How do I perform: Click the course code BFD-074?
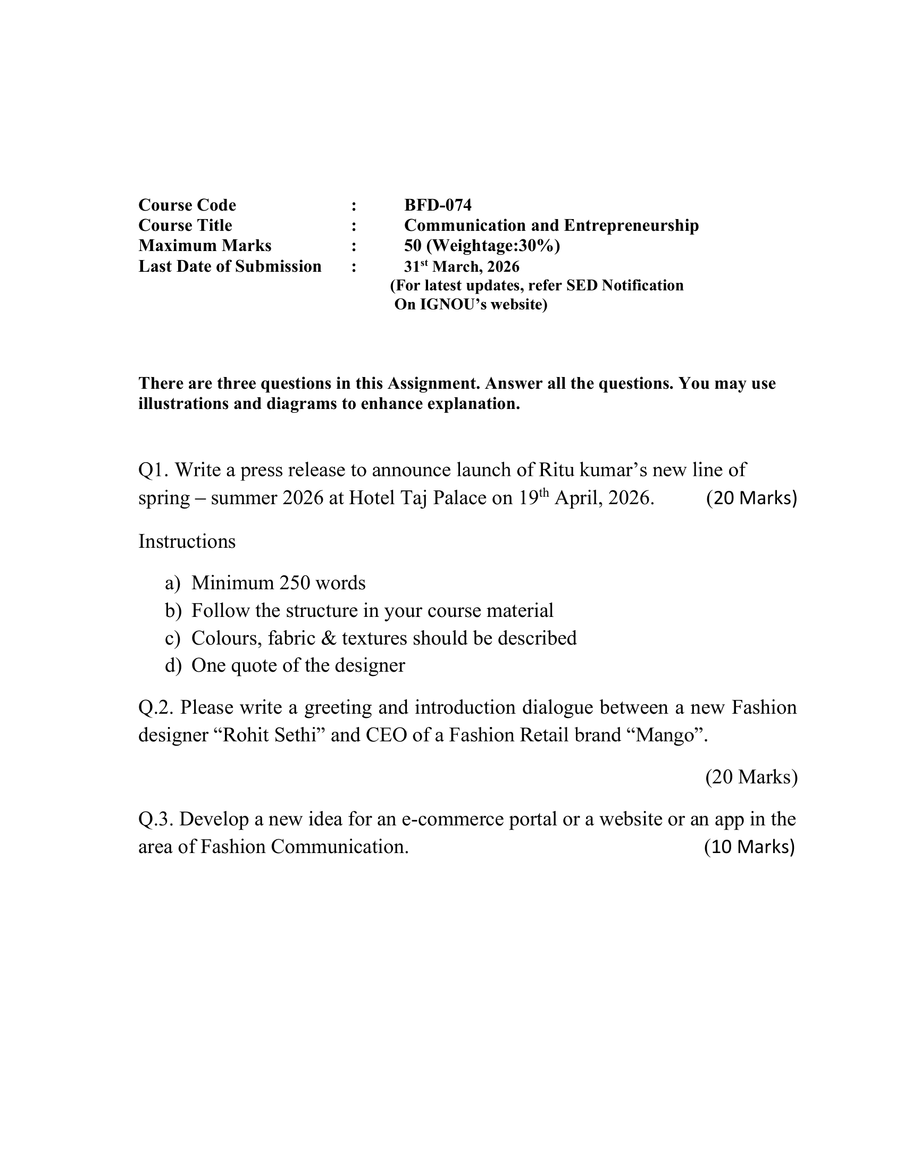438,205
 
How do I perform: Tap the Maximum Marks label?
205,246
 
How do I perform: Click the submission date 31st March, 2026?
462,266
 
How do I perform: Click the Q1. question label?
153,470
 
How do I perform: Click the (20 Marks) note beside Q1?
751,498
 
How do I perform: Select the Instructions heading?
187,541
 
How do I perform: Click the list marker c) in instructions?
173,639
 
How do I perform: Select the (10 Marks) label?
749,847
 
